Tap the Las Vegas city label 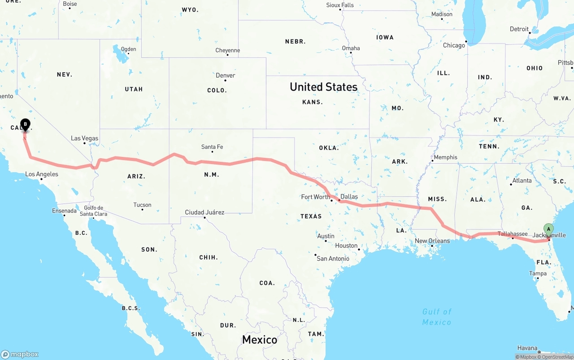84,138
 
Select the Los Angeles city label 41,174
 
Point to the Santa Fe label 212,147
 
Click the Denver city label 225,75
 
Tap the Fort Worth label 315,196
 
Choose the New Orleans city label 432,241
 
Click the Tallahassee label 513,234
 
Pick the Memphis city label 445,157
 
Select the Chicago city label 454,45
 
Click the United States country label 323,87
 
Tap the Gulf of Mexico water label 436,317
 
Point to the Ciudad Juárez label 204,212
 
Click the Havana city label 527,348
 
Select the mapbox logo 20,354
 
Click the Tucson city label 142,205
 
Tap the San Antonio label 333,258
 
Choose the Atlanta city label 522,181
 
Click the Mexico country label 259,339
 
